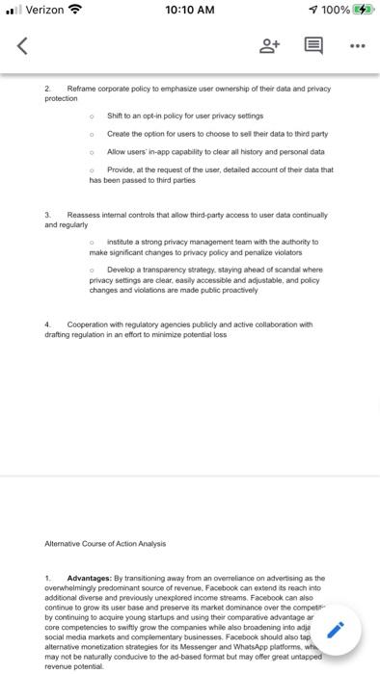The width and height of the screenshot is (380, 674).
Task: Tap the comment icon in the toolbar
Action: click(x=313, y=44)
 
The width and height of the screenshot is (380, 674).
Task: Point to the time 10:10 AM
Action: click(x=189, y=11)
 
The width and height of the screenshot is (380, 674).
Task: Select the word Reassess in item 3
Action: click(x=84, y=215)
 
